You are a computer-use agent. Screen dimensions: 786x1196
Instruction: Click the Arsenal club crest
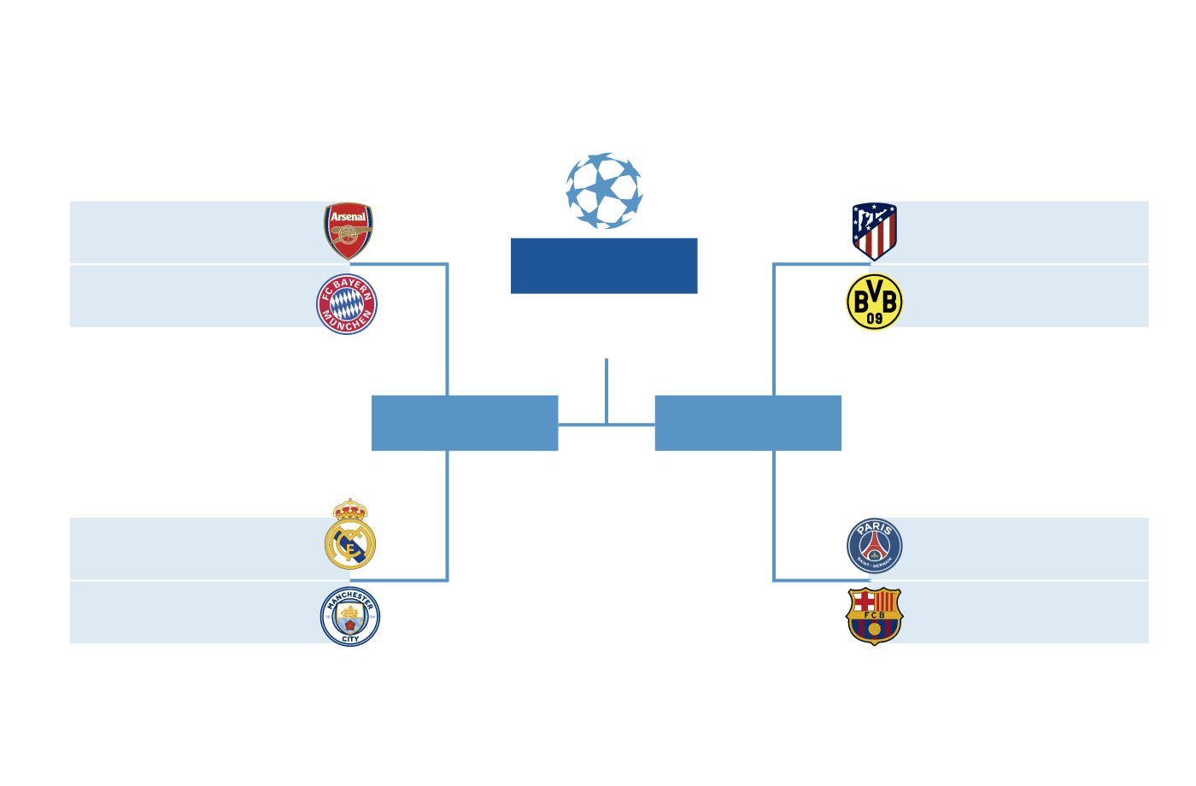tap(349, 231)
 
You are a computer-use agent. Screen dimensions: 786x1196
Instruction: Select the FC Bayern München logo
tap(347, 304)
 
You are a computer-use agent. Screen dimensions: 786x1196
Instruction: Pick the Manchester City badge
tap(350, 617)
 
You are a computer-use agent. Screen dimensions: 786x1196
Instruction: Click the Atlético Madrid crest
tap(874, 231)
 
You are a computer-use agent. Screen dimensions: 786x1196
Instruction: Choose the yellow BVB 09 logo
tap(874, 302)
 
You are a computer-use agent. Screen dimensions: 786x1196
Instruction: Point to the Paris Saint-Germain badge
tap(874, 545)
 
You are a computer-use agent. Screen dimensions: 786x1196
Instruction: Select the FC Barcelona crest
tap(874, 615)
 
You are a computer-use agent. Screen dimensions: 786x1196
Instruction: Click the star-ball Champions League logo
tap(604, 191)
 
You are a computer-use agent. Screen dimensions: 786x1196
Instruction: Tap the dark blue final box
tap(604, 266)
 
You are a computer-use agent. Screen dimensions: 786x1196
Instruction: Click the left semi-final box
tap(465, 423)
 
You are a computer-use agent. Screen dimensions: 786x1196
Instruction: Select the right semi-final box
tap(747, 423)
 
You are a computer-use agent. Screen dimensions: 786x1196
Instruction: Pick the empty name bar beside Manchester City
tap(193, 613)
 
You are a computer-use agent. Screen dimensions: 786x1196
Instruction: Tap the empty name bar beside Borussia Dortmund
tap(1025, 296)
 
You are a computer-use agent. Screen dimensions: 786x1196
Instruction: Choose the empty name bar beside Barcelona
tap(1025, 613)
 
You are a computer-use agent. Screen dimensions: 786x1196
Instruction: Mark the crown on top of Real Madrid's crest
tap(349, 509)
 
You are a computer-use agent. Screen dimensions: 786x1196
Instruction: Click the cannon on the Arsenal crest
tap(349, 233)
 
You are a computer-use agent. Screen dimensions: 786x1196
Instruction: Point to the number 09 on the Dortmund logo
tap(874, 319)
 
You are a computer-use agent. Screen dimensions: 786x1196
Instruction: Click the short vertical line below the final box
tap(607, 390)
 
